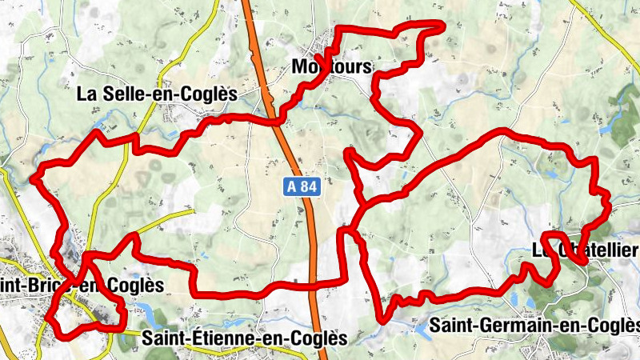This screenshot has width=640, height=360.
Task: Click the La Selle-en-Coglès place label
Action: click(x=157, y=94)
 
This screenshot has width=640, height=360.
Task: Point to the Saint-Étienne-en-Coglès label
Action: click(x=244, y=338)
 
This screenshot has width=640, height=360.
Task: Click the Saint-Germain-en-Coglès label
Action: click(x=535, y=325)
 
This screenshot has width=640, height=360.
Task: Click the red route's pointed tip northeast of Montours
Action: click(x=441, y=25)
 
